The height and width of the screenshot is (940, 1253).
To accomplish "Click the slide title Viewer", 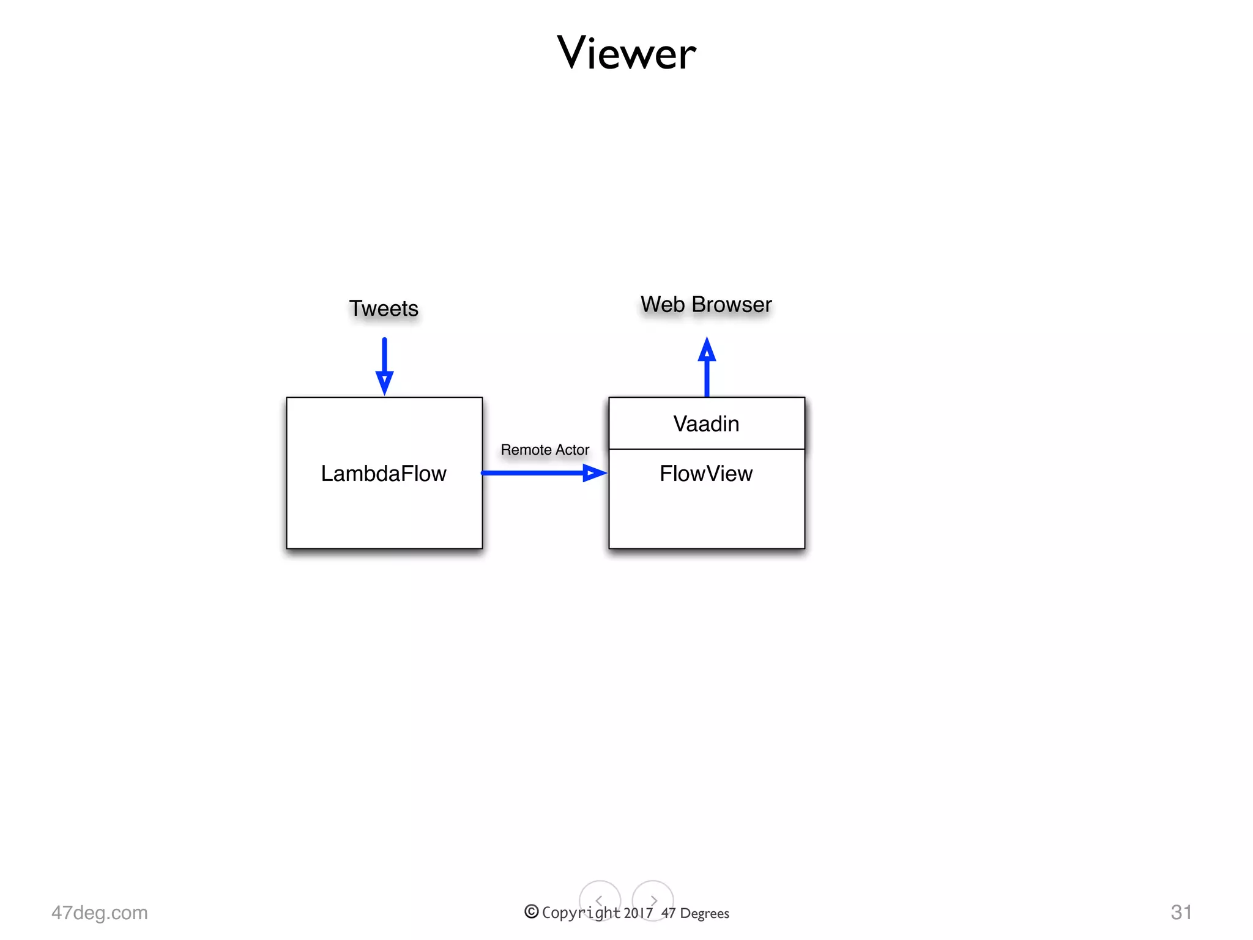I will point(626,53).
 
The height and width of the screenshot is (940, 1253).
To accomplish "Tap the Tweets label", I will point(384,308).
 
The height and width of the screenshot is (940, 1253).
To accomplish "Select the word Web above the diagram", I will point(663,304).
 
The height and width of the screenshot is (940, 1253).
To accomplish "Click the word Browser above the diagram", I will point(732,304).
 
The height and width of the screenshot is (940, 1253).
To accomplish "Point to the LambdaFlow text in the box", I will point(384,474).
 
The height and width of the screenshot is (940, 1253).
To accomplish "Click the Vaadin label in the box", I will point(706,423).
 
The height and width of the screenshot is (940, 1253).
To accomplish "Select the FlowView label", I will point(706,474).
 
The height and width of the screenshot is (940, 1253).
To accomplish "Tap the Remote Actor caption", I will point(545,450).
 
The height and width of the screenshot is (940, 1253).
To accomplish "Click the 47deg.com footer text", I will point(100,912).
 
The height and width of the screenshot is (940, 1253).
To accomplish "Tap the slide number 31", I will point(1181,912).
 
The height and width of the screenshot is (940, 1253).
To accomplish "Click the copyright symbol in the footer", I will point(531,912).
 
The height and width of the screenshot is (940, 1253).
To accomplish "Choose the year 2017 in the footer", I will point(638,913).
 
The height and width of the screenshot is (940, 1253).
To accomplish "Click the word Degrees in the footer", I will point(704,914).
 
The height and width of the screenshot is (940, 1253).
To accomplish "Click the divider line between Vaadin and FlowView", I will point(706,449).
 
